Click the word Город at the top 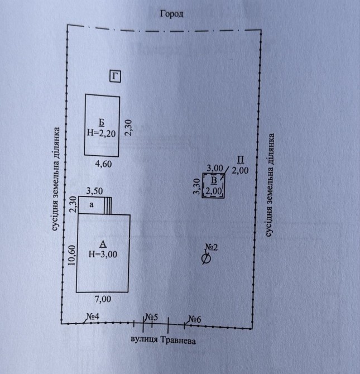coord(171,14)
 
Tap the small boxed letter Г coord(115,76)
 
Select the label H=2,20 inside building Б coord(102,133)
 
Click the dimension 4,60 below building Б coord(103,164)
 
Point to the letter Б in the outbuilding coord(102,122)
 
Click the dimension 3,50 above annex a coord(94,191)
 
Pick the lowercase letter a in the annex coord(92,205)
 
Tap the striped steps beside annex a coord(108,205)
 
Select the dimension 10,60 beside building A coord(72,255)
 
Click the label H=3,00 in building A coord(103,254)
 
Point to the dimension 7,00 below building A coord(103,299)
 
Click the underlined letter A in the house coord(103,244)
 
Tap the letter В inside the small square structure coord(214,180)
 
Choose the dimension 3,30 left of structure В coord(197,186)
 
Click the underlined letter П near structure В coord(241,160)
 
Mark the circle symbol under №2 coord(206,259)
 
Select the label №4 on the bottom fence coord(93,317)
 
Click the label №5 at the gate coord(152,317)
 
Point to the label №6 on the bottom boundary coord(195,319)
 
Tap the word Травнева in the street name coord(178,341)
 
